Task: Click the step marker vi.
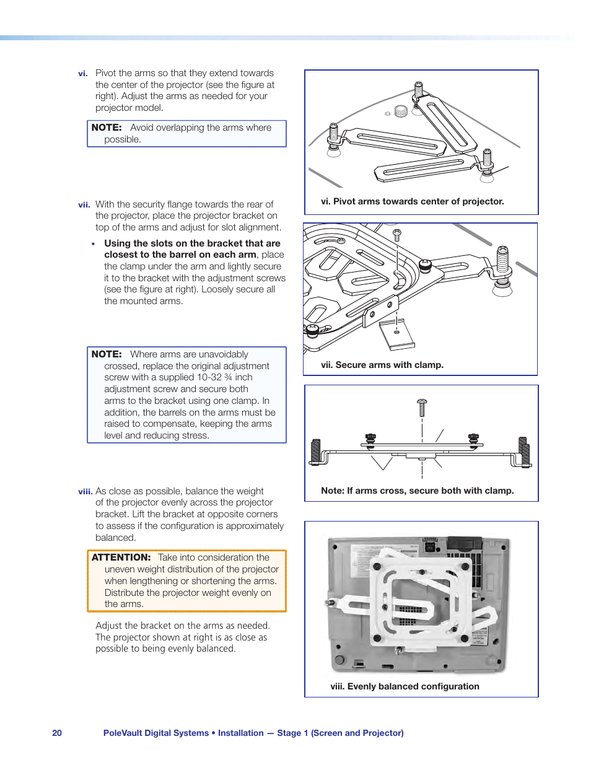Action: pyautogui.click(x=82, y=74)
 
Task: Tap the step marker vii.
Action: pyautogui.click(x=84, y=205)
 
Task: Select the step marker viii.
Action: pyautogui.click(x=85, y=492)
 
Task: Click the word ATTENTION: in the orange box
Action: pyautogui.click(x=121, y=557)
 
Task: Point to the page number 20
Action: pyautogui.click(x=57, y=733)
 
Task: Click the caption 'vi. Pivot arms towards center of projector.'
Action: pyautogui.click(x=412, y=201)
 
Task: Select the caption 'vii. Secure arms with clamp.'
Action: pyautogui.click(x=382, y=365)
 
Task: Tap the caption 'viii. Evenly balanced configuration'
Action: pyautogui.click(x=405, y=686)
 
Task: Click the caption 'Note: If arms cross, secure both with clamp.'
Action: pyautogui.click(x=417, y=491)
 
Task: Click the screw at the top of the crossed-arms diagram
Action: pyautogui.click(x=422, y=406)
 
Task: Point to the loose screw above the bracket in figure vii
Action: pyautogui.click(x=397, y=235)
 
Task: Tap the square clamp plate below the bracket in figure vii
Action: pyautogui.click(x=397, y=334)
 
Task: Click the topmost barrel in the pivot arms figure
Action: pyautogui.click(x=419, y=90)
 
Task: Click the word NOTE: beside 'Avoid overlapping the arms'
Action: pyautogui.click(x=107, y=128)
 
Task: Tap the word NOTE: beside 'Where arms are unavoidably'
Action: pyautogui.click(x=107, y=354)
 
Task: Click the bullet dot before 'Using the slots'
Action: pyautogui.click(x=94, y=244)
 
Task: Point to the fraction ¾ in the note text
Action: pyautogui.click(x=228, y=377)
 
